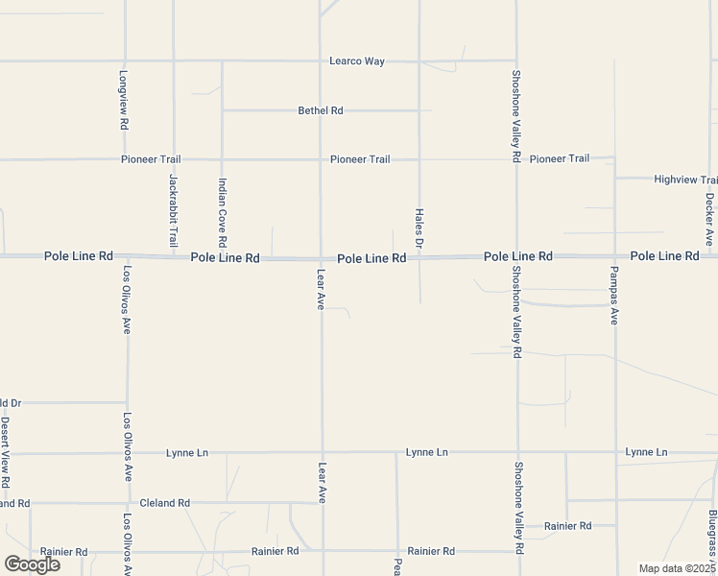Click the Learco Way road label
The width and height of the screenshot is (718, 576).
click(x=356, y=61)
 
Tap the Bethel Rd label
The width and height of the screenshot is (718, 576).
click(x=321, y=111)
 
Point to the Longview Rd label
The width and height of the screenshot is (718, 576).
click(x=124, y=100)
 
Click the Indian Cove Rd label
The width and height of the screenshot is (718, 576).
click(x=222, y=211)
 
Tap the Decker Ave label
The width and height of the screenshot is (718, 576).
click(x=708, y=218)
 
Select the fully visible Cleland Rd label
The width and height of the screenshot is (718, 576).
click(x=165, y=503)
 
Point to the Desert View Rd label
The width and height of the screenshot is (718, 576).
click(x=5, y=451)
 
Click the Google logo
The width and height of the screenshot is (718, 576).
click(x=33, y=564)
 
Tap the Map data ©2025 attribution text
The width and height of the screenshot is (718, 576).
click(x=676, y=568)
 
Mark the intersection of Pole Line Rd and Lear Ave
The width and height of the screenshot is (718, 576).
click(x=321, y=257)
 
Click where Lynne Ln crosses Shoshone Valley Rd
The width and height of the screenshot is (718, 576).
click(x=517, y=452)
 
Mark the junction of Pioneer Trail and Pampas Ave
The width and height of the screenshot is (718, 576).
click(x=614, y=158)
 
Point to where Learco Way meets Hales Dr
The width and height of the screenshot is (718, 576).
click(x=419, y=61)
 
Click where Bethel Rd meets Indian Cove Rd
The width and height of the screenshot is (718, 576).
click(x=222, y=110)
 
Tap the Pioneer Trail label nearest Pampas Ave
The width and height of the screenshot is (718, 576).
click(x=560, y=158)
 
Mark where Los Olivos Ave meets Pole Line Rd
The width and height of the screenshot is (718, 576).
click(x=126, y=256)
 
